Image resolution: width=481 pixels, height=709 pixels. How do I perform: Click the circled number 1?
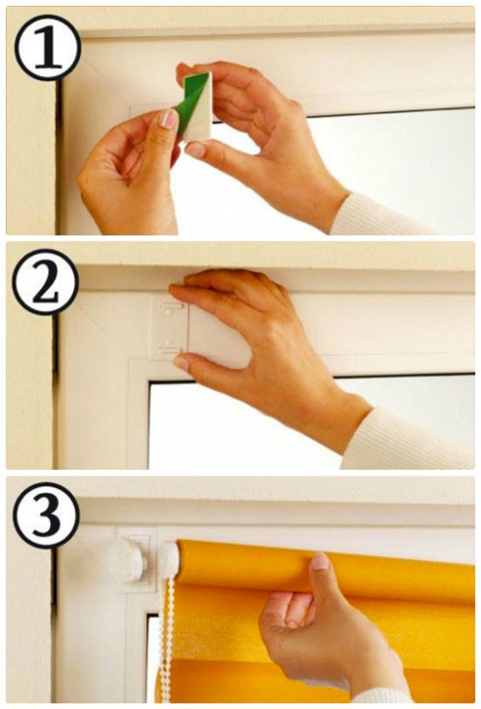pos(48,48)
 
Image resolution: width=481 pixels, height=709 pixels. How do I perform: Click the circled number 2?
pos(45,282)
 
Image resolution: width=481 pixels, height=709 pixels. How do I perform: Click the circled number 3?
pos(46,515)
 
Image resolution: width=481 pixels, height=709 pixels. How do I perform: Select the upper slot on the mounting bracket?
pos(171,307)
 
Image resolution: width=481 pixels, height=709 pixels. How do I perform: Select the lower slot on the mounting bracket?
pos(170,349)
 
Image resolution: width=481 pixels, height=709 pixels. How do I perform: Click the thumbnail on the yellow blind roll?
pos(320,561)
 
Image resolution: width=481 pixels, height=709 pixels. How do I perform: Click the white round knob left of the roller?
pos(133,561)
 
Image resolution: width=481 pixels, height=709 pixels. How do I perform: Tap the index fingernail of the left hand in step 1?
pos(169,119)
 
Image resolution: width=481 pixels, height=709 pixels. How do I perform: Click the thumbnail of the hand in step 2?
pos(181,362)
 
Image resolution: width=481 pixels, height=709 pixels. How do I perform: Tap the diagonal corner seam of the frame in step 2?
pos(102,327)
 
